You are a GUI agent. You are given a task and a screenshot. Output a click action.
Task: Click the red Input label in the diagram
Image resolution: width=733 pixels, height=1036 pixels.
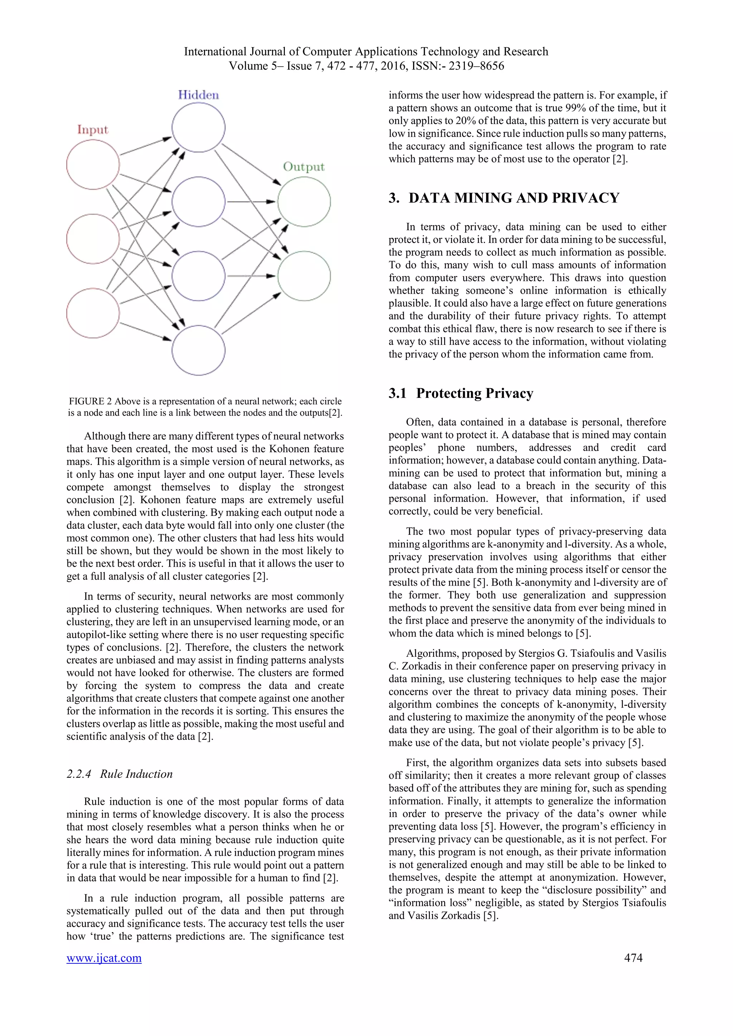tap(93, 129)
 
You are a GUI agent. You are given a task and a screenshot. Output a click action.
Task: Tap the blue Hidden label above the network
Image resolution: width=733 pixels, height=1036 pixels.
tap(198, 95)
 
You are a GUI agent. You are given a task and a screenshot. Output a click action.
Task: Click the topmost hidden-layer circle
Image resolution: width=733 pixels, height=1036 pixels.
tap(198, 127)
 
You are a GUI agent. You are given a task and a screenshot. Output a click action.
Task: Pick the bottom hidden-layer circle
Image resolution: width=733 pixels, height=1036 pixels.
tap(198, 351)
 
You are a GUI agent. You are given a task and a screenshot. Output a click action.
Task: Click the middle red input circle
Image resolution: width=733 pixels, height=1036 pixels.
tap(93, 239)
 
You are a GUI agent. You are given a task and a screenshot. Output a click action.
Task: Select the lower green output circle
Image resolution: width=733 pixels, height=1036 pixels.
tap(304, 276)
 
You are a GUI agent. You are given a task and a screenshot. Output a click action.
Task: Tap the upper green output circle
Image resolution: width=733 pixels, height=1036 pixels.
tap(304, 201)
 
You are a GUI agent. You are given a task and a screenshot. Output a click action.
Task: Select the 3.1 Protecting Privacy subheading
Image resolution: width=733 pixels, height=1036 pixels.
tap(461, 393)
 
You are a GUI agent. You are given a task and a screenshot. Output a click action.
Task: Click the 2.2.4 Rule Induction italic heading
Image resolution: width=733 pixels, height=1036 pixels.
tap(120, 774)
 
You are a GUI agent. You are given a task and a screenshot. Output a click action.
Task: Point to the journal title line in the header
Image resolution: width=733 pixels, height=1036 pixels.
tap(366, 52)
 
